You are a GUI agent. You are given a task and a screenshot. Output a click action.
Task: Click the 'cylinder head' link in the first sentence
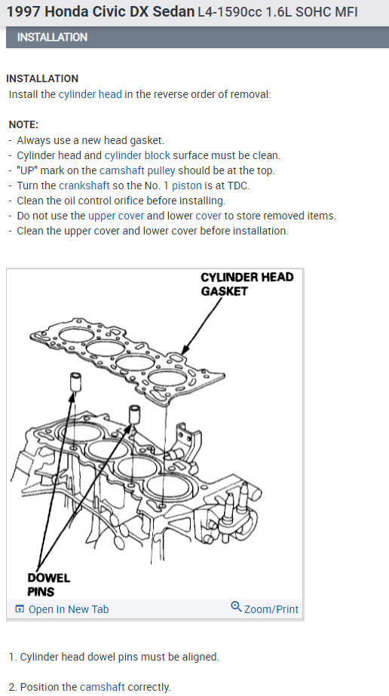(x=90, y=94)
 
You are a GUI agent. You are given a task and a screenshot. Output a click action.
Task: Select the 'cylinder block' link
(x=137, y=156)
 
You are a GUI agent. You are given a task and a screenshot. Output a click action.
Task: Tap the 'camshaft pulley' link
(x=137, y=171)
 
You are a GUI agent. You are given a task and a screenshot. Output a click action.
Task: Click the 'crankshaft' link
(x=84, y=185)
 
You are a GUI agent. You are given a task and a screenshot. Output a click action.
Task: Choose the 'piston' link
(x=187, y=185)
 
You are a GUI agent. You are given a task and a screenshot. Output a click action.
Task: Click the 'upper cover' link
(x=116, y=216)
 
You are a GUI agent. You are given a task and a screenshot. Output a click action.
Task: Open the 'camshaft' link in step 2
(x=103, y=687)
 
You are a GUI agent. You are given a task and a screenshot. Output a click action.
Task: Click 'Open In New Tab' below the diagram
(x=62, y=609)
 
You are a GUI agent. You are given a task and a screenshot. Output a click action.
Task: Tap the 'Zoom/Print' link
(x=271, y=609)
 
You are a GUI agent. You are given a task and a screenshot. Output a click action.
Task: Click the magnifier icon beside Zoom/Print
(x=237, y=606)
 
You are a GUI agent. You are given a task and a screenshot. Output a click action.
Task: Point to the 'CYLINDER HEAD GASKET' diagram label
(x=247, y=284)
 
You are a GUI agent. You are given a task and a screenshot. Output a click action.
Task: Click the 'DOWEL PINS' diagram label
(x=49, y=584)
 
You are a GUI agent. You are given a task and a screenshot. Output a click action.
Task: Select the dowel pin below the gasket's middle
(x=135, y=415)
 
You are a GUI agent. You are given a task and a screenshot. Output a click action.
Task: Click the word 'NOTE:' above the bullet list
(x=23, y=124)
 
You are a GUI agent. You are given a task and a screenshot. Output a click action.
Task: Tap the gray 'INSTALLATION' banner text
(x=52, y=37)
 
